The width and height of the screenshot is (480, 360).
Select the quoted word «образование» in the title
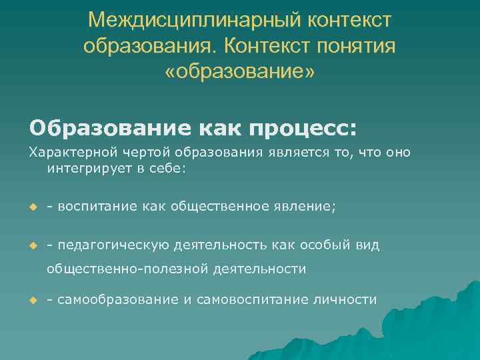coord(240,71)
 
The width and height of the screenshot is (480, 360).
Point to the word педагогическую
coord(113,245)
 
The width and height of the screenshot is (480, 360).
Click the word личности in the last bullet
coord(345,300)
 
